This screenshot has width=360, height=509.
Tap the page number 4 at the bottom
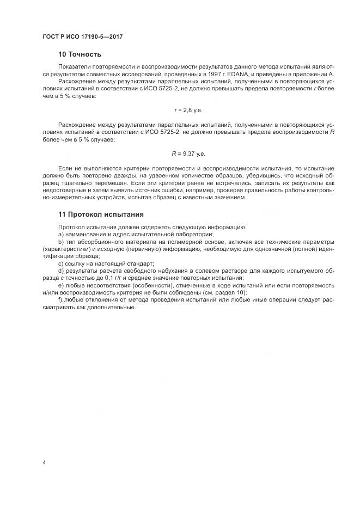(44, 463)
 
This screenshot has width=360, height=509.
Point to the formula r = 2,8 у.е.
(188, 110)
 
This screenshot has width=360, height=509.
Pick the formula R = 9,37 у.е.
(188, 154)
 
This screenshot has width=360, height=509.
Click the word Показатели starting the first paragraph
(74, 66)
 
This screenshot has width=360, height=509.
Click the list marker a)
(60, 234)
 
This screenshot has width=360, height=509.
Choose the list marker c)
(60, 263)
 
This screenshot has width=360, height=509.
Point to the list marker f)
(60, 299)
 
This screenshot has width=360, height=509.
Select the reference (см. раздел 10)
(223, 292)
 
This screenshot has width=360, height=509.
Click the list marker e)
(60, 285)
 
